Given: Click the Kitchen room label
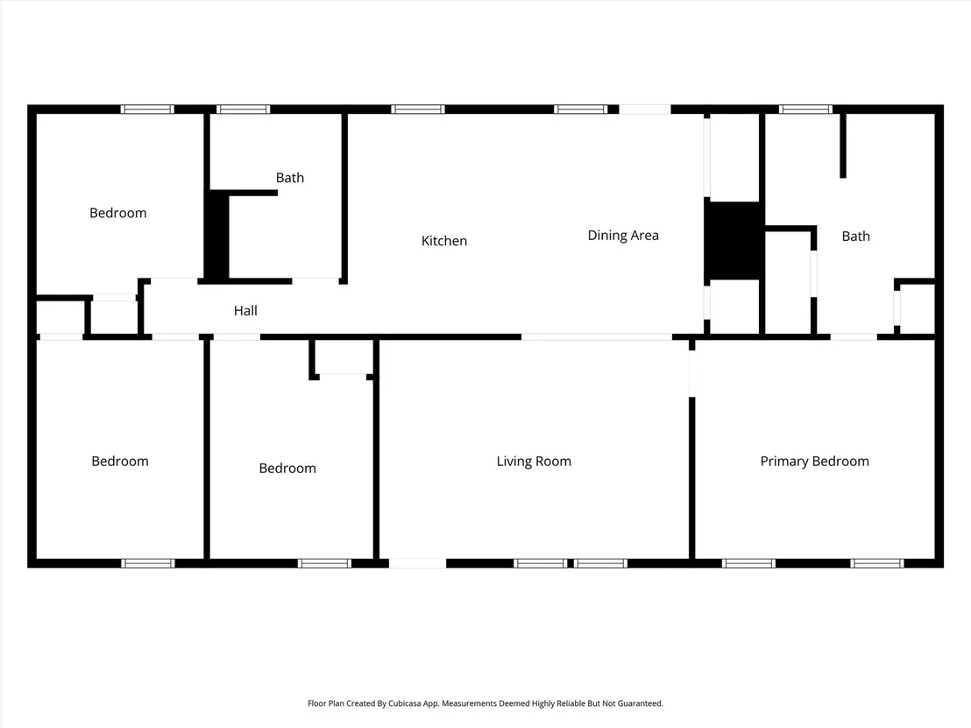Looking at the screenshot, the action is click(x=444, y=241).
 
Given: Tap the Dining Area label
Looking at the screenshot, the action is click(x=623, y=236).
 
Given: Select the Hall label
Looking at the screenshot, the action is click(x=245, y=311).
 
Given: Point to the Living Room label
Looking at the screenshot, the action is click(x=534, y=461).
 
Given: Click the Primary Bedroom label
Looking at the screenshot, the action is click(x=814, y=461).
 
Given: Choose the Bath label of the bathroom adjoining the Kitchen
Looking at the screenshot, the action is click(x=290, y=178).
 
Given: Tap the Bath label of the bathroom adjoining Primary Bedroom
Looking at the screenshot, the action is click(x=856, y=236).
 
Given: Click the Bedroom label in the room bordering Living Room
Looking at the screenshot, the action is click(x=287, y=468).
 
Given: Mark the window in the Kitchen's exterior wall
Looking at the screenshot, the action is click(x=418, y=110).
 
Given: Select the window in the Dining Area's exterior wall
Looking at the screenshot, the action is click(x=580, y=110).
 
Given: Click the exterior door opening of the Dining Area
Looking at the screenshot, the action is click(x=645, y=110).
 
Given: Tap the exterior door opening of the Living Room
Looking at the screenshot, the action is click(x=417, y=563).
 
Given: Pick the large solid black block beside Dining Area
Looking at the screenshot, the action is click(x=734, y=240).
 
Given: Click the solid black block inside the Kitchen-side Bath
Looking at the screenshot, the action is click(x=217, y=236).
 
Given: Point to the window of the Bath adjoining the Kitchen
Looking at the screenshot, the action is click(x=244, y=110).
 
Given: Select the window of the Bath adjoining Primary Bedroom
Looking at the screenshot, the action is click(x=805, y=110).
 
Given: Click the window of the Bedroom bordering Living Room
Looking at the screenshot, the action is click(x=324, y=563).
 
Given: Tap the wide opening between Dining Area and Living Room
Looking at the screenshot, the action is click(x=596, y=336).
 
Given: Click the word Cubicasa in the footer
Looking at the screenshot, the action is click(x=404, y=703).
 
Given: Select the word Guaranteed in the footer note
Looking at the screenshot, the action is click(x=642, y=703).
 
